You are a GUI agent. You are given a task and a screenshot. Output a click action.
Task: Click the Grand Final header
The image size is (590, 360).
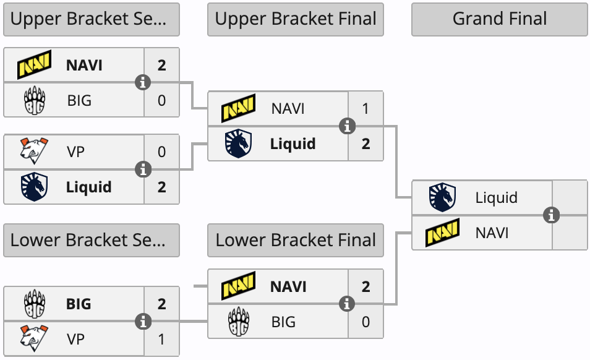coord(500,19)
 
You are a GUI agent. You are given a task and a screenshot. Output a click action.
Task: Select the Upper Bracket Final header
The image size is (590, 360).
coord(296,19)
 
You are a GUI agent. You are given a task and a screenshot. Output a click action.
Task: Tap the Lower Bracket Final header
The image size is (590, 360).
coord(296,241)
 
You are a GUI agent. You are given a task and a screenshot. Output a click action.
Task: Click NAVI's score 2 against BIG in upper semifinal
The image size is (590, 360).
coord(162,65)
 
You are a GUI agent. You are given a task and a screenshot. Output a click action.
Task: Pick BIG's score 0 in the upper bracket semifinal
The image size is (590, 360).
coord(162,100)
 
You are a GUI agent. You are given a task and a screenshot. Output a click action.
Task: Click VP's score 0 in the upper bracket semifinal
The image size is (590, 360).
coord(162,152)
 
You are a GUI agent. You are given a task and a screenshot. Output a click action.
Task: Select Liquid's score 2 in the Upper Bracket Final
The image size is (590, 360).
coord(366,144)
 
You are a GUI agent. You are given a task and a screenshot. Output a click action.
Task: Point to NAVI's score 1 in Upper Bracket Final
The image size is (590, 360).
coord(366,109)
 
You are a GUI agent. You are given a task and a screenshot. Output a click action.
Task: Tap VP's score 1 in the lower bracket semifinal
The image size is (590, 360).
coord(162,339)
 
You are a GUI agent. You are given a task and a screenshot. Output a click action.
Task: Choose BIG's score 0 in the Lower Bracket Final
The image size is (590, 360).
coord(366,322)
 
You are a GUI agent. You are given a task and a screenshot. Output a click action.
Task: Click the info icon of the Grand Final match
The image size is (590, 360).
coord(551,215)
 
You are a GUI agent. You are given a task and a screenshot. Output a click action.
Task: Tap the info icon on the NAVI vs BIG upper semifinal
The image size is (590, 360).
coord(143,82)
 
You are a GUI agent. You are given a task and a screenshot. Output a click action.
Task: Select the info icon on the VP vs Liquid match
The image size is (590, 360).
coord(143,169)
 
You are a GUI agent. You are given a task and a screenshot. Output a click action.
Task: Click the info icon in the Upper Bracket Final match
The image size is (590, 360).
coord(348,126)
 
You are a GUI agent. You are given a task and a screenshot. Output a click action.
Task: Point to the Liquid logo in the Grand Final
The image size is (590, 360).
coord(443,198)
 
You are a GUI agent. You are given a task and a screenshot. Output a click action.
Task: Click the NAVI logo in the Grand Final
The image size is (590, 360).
coord(443,233)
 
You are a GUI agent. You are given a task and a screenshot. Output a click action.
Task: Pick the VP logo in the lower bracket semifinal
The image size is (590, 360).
coord(35,339)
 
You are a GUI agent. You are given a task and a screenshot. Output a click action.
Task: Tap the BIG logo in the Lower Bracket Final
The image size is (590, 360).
coord(239,322)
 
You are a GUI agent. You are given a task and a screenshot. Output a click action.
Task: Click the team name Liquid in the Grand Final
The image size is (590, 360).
coord(496,198)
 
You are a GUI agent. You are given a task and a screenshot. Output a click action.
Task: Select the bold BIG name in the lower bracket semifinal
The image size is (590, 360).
coord(79,304)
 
